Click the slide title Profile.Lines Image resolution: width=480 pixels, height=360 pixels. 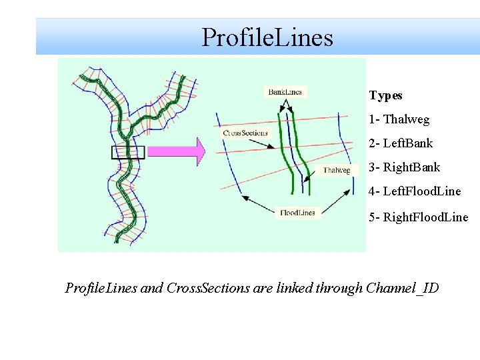[267, 37]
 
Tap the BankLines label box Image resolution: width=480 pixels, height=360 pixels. [285, 92]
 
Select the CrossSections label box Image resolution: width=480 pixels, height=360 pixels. [245, 133]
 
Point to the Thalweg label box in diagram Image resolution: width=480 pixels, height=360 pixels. [337, 171]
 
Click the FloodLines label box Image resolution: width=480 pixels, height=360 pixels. [298, 213]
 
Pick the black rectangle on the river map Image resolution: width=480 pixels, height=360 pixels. [127, 152]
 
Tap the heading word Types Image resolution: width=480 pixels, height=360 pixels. [385, 95]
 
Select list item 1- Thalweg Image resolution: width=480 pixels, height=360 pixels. [399, 119]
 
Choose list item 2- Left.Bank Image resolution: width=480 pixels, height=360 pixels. [401, 143]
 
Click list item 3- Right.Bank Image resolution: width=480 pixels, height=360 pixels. [404, 167]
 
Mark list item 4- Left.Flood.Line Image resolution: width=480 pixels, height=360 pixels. [414, 191]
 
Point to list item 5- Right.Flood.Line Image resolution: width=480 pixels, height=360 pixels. [418, 217]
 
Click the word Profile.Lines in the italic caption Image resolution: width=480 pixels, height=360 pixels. [101, 288]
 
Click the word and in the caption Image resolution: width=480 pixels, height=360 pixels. [151, 288]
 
